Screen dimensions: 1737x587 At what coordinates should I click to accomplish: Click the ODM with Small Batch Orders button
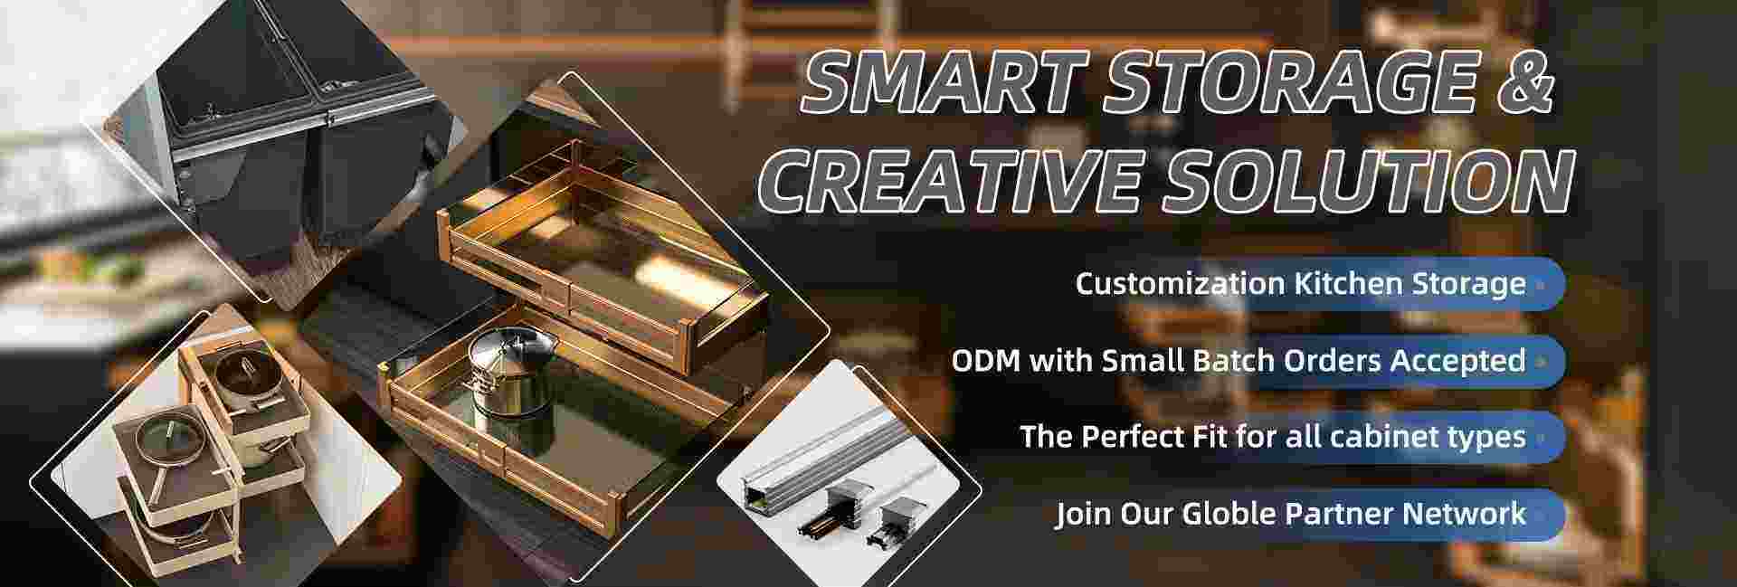[1256, 361]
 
